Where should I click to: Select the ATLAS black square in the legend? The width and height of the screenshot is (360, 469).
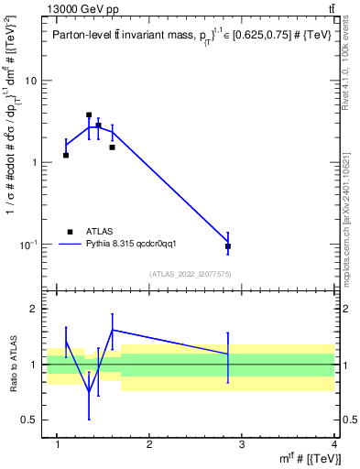tap(69, 232)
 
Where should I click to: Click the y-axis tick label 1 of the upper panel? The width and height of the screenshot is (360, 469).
tap(35, 163)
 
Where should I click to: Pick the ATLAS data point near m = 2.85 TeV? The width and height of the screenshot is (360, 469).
tap(228, 246)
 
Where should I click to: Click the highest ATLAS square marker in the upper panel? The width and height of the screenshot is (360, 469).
tap(89, 115)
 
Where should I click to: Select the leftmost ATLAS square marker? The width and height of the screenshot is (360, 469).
tap(66, 155)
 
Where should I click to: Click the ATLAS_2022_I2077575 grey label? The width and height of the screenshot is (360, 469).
tap(190, 273)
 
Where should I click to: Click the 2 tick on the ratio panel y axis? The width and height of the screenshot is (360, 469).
tap(35, 310)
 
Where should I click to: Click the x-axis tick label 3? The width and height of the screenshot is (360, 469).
tap(241, 444)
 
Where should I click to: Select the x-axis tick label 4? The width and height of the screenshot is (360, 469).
tap(334, 444)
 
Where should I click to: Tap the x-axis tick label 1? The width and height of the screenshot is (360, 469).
tap(57, 444)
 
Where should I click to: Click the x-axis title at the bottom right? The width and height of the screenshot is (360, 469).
tap(306, 459)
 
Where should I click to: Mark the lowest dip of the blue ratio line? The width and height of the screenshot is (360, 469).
tap(89, 392)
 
